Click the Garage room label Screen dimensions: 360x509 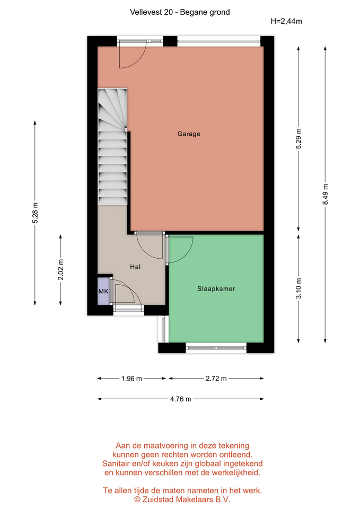pos(189,134)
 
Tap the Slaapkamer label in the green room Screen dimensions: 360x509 pos(216,288)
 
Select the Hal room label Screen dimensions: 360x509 pos(135,267)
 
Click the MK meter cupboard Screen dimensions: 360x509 pos(103,291)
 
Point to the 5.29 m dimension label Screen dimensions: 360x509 pos(298,138)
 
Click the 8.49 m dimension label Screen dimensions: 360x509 pos(325,194)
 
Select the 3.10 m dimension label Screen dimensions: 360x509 pos(298,288)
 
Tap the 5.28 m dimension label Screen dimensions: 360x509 pos(35,213)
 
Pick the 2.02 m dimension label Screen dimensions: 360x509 pos(60,270)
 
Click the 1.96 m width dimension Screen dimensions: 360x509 pos(131,379)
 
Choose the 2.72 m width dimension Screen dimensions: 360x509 pos(216,379)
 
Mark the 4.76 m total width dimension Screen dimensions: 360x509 pos(180,399)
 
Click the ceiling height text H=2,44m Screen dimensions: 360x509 pos(286,21)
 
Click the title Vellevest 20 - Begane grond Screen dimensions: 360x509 pos(180,12)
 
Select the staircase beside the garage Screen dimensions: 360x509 pos(112,147)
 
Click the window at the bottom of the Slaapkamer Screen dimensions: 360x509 pos(216,348)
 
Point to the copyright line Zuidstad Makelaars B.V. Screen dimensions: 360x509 pos(182,499)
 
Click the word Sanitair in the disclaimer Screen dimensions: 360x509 pos(116,463)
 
